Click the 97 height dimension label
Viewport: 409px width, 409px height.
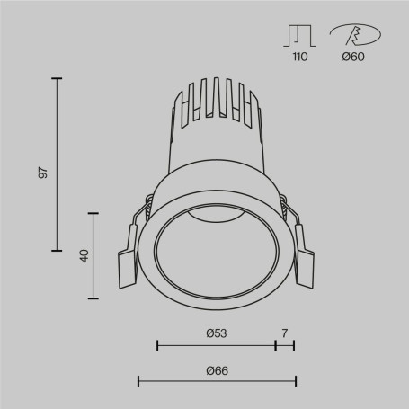pyautogui.click(x=42, y=173)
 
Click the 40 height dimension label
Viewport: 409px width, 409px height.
pyautogui.click(x=84, y=255)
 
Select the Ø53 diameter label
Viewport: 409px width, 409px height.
pyautogui.click(x=216, y=333)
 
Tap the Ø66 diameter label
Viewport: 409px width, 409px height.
pyautogui.click(x=216, y=370)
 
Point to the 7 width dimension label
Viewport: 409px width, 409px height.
pyautogui.click(x=284, y=333)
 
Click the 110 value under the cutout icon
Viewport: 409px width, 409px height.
pyautogui.click(x=299, y=58)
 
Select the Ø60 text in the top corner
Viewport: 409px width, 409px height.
pyautogui.click(x=354, y=58)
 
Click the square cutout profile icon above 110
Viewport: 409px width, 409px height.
pyautogui.click(x=299, y=34)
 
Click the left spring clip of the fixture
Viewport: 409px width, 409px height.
pyautogui.click(x=127, y=266)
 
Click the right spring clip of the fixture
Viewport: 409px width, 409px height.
pyautogui.click(x=306, y=266)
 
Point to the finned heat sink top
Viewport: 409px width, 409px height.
pyautogui.click(x=216, y=99)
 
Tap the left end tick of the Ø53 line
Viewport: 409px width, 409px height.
pyautogui.click(x=157, y=344)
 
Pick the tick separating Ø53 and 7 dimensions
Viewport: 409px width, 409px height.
pyautogui.click(x=275, y=344)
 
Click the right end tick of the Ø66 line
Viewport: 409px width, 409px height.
pyautogui.click(x=294, y=381)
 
